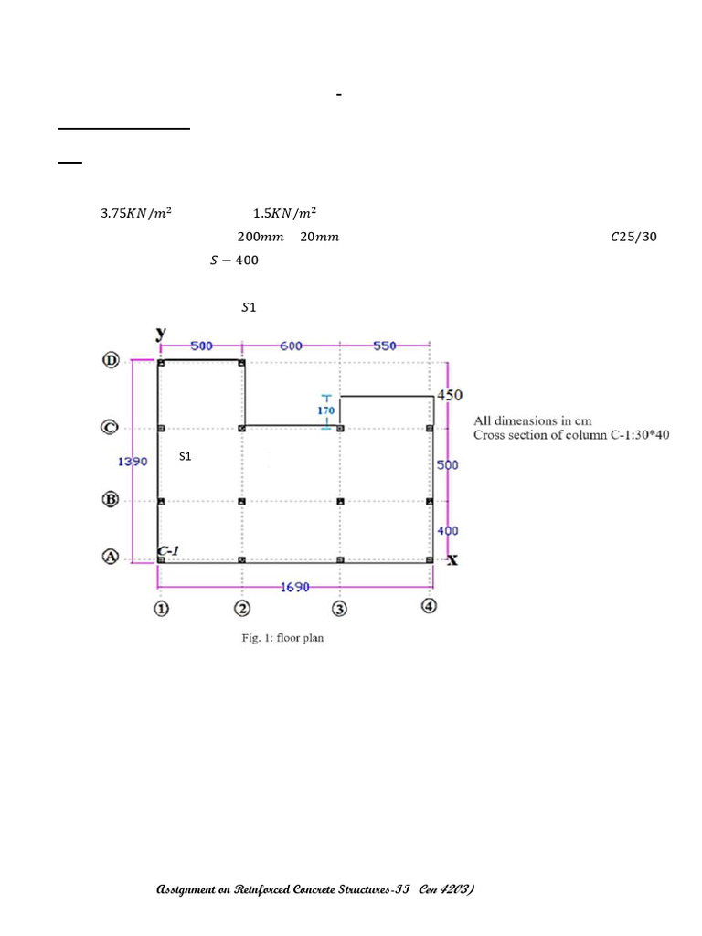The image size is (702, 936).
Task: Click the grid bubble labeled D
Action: tap(111, 360)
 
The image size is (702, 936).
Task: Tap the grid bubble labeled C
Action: tap(110, 428)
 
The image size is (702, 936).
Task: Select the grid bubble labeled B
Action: tap(111, 499)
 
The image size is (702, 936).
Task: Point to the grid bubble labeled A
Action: tap(111, 557)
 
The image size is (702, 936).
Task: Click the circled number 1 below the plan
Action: tap(161, 609)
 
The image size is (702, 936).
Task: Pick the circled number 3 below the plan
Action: tap(339, 609)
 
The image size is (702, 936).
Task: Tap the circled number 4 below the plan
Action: tap(429, 606)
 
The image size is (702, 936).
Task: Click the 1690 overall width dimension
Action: tap(295, 588)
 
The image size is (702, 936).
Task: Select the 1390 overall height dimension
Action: tap(133, 462)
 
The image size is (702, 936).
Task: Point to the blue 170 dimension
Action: tap(326, 410)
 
